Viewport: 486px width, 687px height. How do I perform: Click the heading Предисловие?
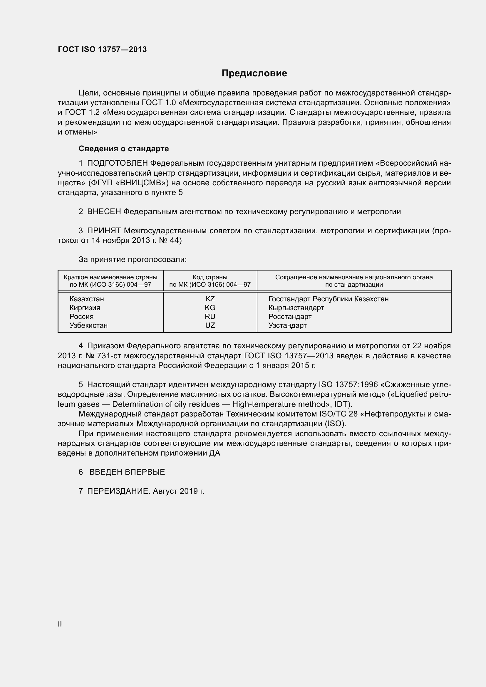click(x=254, y=73)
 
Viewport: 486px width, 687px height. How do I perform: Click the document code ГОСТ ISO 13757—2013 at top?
click(x=102, y=49)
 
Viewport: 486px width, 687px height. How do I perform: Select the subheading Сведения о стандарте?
click(x=124, y=149)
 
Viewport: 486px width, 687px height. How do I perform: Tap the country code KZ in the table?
click(x=210, y=299)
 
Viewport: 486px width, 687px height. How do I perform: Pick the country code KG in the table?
click(x=210, y=308)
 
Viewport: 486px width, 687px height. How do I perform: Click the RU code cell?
click(x=210, y=317)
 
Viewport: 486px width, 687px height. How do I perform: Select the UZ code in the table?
click(x=210, y=325)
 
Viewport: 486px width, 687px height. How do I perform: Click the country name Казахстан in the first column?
click(x=87, y=299)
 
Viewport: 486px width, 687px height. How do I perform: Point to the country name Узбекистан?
click(x=88, y=325)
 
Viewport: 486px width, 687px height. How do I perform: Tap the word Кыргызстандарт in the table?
click(x=296, y=308)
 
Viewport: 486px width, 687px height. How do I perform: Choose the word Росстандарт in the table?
click(x=290, y=317)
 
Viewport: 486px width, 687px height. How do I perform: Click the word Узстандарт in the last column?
click(x=287, y=325)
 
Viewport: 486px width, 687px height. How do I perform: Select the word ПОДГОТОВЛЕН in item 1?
click(x=117, y=163)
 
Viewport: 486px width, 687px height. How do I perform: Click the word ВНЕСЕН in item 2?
click(x=104, y=211)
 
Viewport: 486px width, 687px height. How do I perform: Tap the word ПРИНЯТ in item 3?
click(x=104, y=231)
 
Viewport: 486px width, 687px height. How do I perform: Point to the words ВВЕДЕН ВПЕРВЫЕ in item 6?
click(x=127, y=472)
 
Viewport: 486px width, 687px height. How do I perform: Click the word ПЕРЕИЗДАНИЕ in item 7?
click(x=118, y=491)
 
